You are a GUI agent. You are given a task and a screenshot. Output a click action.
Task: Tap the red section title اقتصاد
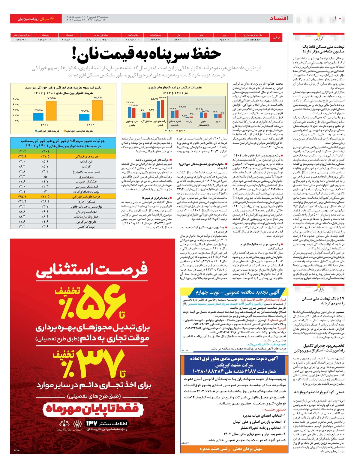pos(279,18)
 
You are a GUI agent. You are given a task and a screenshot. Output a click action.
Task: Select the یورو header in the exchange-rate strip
pos(224,35)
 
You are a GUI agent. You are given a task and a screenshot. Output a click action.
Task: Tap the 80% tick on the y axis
pos(16,99)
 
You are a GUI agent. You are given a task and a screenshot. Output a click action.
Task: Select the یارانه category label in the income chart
pos(189,122)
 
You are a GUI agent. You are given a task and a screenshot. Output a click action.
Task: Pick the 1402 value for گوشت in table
pos(22,166)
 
